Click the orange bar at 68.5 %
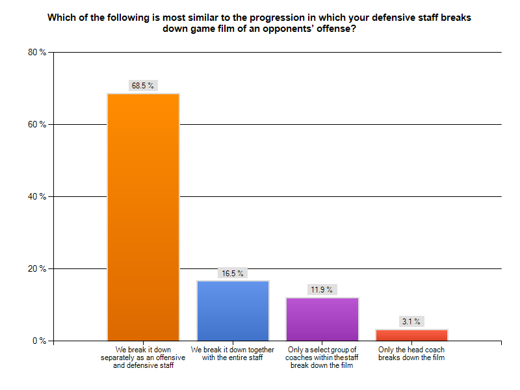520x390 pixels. pyautogui.click(x=143, y=217)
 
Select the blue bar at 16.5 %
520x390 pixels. pyautogui.click(x=233, y=311)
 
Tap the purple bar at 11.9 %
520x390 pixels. pyautogui.click(x=322, y=319)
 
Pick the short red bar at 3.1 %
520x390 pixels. pyautogui.click(x=412, y=335)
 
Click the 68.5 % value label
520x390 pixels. pyautogui.click(x=143, y=85)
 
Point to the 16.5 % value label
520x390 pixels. pyautogui.click(x=233, y=273)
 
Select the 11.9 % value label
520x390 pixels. pyautogui.click(x=322, y=290)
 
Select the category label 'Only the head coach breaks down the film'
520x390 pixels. pyautogui.click(x=412, y=354)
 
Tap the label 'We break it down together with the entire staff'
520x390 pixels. pyautogui.click(x=233, y=354)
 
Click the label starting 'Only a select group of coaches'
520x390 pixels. pyautogui.click(x=322, y=357)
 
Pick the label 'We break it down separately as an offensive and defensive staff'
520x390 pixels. pyautogui.click(x=143, y=357)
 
